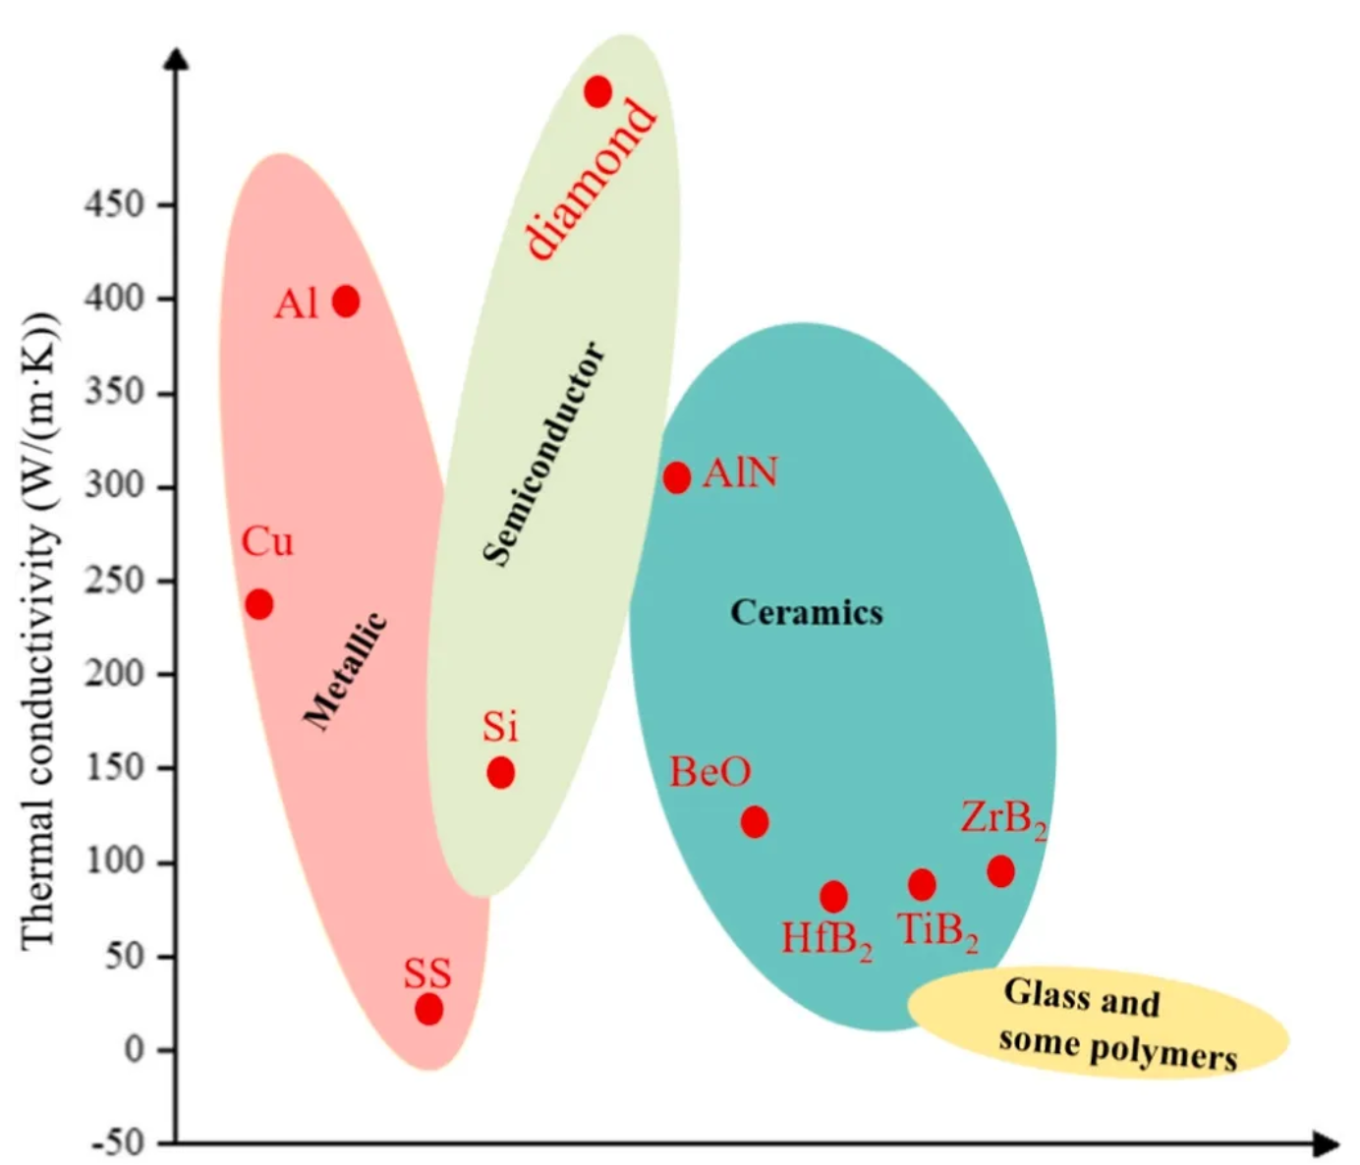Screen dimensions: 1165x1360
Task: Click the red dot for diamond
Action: pyautogui.click(x=597, y=92)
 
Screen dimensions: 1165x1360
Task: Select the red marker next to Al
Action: pyautogui.click(x=346, y=301)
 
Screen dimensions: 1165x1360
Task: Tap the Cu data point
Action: pyautogui.click(x=259, y=604)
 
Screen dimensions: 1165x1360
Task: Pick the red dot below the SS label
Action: pyautogui.click(x=428, y=1009)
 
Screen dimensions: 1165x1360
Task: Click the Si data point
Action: pyautogui.click(x=500, y=773)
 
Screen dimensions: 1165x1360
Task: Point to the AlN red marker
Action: pyautogui.click(x=677, y=477)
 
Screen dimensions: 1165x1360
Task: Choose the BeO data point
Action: pyautogui.click(x=755, y=821)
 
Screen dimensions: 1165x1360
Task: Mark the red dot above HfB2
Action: pyautogui.click(x=833, y=896)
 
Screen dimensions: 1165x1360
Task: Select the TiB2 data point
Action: pyautogui.click(x=922, y=885)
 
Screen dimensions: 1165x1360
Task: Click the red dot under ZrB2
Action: pyautogui.click(x=1000, y=871)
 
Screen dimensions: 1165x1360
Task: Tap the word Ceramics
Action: pyautogui.click(x=806, y=613)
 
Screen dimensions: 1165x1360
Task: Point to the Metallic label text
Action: pyautogui.click(x=345, y=672)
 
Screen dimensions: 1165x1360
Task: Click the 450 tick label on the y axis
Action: pyautogui.click(x=114, y=205)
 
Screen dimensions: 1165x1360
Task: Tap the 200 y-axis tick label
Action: pyautogui.click(x=114, y=674)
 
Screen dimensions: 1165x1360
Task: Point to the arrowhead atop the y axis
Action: pyautogui.click(x=177, y=58)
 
